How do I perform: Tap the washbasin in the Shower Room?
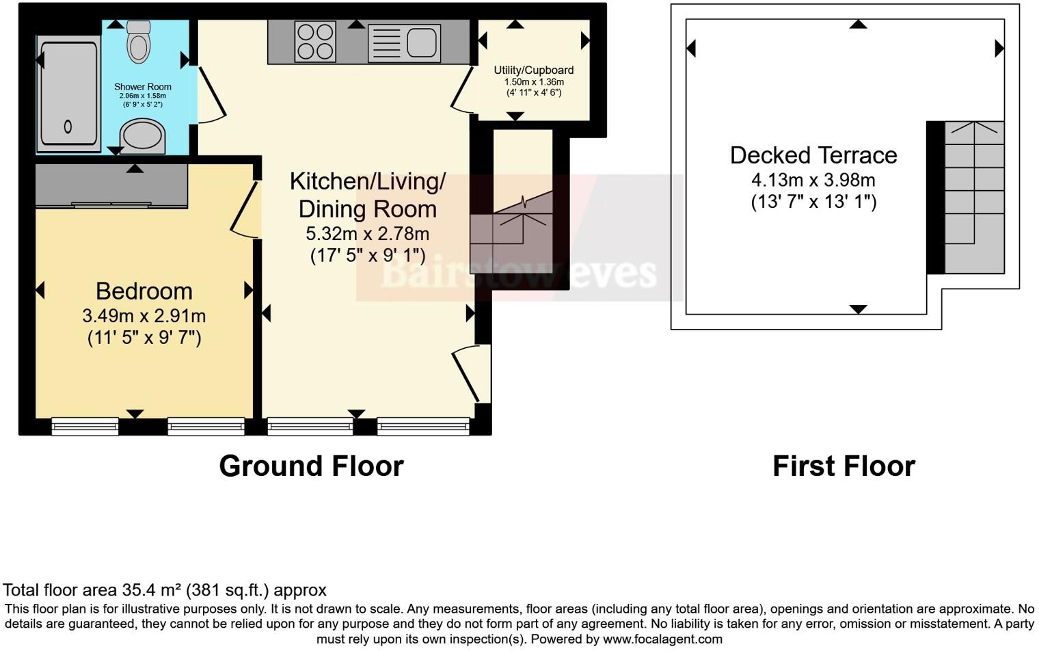143,135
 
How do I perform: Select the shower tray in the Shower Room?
68,94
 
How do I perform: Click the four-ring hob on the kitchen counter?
315,42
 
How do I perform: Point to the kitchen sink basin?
422,42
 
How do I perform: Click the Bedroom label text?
144,291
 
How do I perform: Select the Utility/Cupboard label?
534,70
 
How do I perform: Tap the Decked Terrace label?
813,155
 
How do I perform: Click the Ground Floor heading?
311,466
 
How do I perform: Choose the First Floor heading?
844,466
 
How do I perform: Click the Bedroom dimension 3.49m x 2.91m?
144,316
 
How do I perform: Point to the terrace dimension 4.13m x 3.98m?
813,181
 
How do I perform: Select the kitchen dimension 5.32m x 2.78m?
367,234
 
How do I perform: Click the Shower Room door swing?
212,96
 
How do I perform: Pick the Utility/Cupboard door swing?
463,90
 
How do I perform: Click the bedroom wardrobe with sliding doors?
111,185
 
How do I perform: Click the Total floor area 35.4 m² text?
164,590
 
